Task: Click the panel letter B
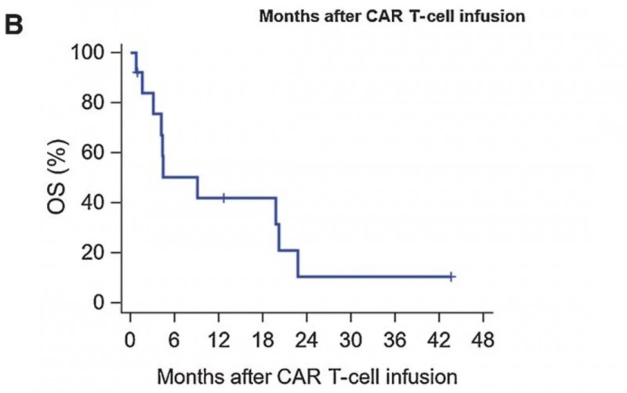click(16, 23)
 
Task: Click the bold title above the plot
click(391, 16)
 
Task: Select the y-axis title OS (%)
click(59, 178)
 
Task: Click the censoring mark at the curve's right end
click(451, 276)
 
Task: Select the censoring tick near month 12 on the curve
click(223, 198)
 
